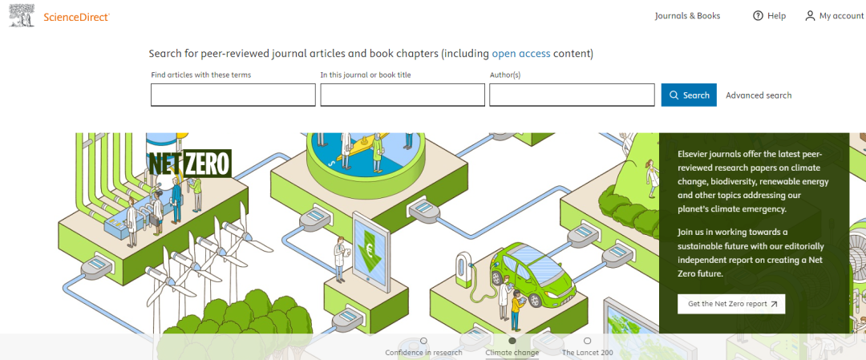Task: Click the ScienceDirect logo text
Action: [77, 16]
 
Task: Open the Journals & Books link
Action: [687, 16]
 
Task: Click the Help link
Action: [776, 16]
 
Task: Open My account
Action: [841, 16]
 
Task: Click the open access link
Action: [521, 54]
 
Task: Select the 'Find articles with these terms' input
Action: [233, 95]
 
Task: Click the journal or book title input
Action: [403, 95]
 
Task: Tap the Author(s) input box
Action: [572, 95]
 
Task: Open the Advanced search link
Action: [759, 95]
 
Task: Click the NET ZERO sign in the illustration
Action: [189, 164]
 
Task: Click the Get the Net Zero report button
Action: [731, 304]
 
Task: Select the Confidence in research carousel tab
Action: [423, 352]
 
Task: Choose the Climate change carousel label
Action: [512, 352]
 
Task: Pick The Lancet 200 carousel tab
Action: [588, 352]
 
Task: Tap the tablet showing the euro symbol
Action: [370, 250]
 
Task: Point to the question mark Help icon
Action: [758, 16]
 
